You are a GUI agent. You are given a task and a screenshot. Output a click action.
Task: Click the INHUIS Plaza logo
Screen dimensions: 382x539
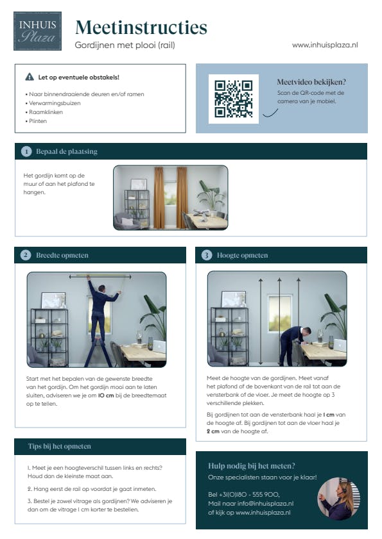pyautogui.click(x=37, y=31)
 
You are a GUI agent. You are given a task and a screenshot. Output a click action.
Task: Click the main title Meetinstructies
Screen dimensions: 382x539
pyautogui.click(x=141, y=27)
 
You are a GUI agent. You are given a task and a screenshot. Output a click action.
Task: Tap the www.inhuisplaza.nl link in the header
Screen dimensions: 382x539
pyautogui.click(x=325, y=45)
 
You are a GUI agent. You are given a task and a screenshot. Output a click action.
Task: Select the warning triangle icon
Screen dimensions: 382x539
pyautogui.click(x=30, y=77)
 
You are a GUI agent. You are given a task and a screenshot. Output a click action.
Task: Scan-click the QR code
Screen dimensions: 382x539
pyautogui.click(x=234, y=99)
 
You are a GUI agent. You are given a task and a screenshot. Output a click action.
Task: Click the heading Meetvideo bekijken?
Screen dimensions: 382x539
pyautogui.click(x=311, y=82)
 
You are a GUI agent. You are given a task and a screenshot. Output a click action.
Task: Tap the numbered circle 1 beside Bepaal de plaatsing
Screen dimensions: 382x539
pyautogui.click(x=26, y=152)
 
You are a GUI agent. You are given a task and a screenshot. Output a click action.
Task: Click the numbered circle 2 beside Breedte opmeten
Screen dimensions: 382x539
pyautogui.click(x=26, y=256)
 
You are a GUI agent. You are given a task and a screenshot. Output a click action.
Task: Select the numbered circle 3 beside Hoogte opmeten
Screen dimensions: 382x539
pyautogui.click(x=207, y=256)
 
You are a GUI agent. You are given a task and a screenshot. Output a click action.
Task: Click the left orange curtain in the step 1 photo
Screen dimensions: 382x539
pyautogui.click(x=159, y=197)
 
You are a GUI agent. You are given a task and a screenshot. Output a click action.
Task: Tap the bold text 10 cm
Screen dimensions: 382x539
pyautogui.click(x=106, y=395)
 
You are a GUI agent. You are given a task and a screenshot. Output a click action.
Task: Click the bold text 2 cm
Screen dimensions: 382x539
pyautogui.click(x=213, y=431)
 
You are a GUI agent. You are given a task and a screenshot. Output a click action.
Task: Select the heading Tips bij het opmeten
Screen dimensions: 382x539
pyautogui.click(x=60, y=446)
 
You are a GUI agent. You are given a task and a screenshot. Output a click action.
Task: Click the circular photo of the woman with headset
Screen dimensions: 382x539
pyautogui.click(x=339, y=498)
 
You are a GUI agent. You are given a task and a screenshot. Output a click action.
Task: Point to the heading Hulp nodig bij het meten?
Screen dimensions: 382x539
pyautogui.click(x=252, y=466)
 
